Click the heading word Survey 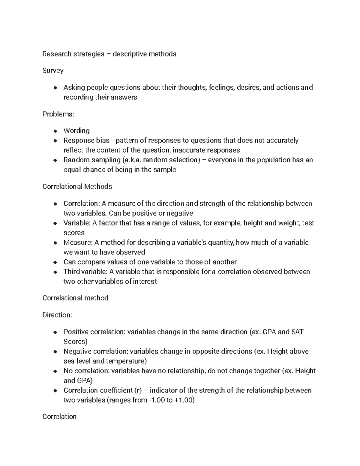point(53,71)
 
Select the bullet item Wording point(76,131)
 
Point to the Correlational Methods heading point(77,187)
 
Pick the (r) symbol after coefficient point(138,390)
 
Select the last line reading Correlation point(59,416)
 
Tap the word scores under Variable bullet point(74,233)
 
